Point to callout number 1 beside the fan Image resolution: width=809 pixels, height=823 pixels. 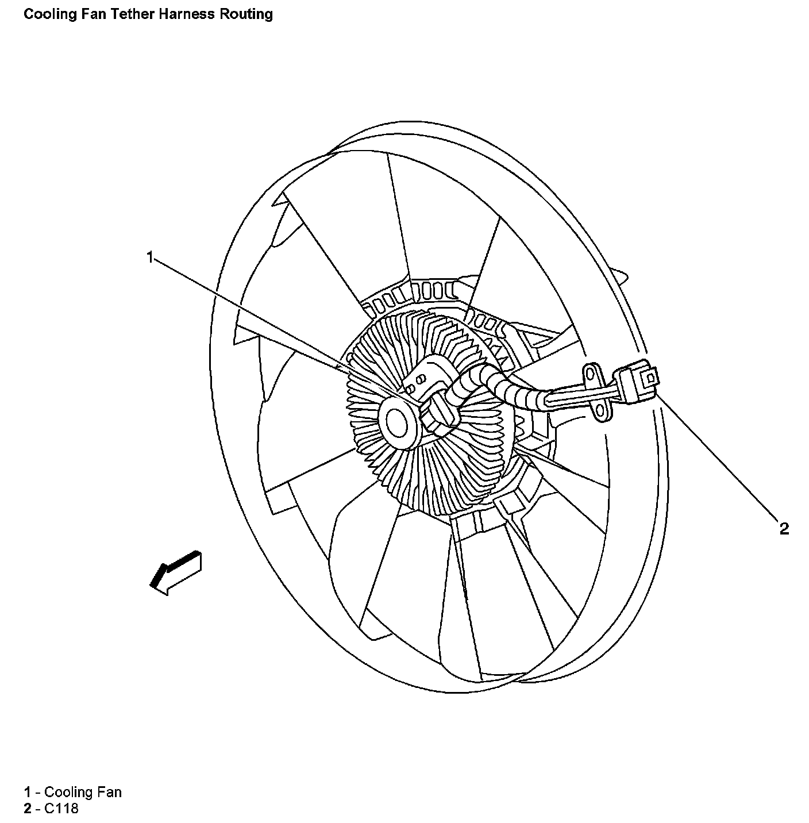[x=150, y=257]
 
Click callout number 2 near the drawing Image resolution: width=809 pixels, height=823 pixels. [x=784, y=528]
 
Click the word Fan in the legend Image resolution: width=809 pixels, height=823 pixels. [x=109, y=792]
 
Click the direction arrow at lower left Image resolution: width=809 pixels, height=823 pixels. [x=175, y=572]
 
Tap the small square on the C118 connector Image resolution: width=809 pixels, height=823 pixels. [x=650, y=378]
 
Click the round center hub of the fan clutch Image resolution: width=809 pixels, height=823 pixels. [x=398, y=423]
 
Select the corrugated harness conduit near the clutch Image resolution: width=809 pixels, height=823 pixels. [x=506, y=390]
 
